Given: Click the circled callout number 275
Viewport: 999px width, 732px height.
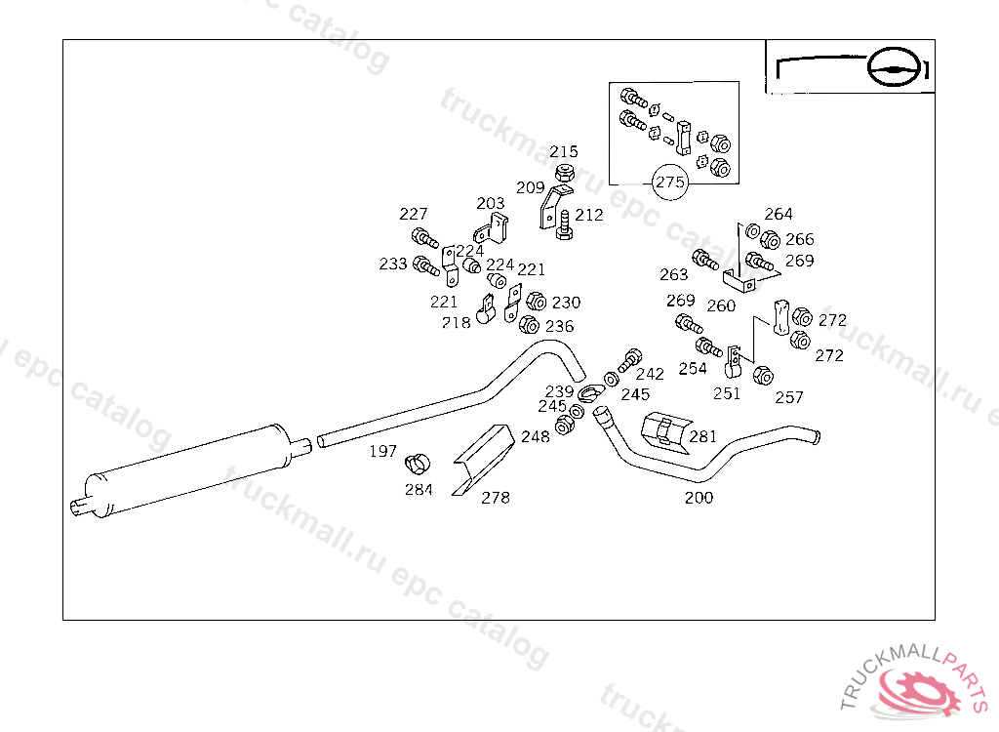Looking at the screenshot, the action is tap(670, 183).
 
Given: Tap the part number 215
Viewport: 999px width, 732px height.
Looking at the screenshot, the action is tap(564, 151).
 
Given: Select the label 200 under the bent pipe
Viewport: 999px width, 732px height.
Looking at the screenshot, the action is tap(699, 498).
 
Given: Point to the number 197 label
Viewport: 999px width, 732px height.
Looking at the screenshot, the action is tap(382, 452).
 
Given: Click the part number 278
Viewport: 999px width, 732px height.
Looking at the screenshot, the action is tap(496, 498).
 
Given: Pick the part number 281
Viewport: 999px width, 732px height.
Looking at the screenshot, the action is tap(703, 436).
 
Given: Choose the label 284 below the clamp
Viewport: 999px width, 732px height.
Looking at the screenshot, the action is tap(419, 490).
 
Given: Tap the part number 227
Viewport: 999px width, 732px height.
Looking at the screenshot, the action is tap(414, 215).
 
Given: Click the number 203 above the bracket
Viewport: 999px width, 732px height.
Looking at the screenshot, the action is tap(491, 203).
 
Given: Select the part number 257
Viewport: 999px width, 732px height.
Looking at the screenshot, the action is tap(789, 398).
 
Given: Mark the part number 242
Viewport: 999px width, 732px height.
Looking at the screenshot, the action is tap(650, 374).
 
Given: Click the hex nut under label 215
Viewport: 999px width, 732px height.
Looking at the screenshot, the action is tap(563, 173).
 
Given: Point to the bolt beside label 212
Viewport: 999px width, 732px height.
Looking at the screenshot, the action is tap(564, 225).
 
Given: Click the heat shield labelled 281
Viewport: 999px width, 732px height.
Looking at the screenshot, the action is tap(666, 431).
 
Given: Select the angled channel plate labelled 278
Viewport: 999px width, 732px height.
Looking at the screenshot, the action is tap(484, 459).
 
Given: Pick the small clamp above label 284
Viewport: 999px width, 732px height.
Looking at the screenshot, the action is tap(418, 464).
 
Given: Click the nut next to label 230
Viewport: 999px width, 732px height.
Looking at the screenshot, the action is tap(536, 301).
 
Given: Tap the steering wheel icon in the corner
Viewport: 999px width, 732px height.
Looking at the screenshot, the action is tap(894, 67).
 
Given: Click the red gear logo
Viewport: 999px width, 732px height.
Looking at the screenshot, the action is tap(917, 692).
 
